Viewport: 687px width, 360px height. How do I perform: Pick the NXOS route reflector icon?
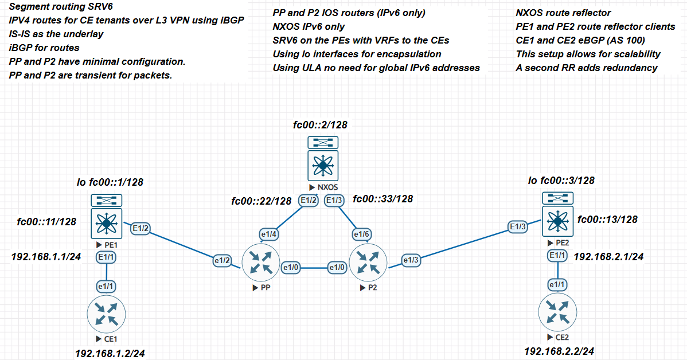[322, 166]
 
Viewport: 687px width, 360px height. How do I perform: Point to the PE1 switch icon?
[106, 221]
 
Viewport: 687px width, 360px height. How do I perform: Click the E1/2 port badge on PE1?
[141, 228]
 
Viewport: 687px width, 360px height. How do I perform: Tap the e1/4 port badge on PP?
[268, 234]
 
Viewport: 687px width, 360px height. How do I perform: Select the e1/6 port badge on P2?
[361, 234]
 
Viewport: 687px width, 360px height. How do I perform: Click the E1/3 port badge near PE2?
[518, 228]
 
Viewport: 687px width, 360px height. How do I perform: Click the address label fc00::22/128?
[261, 201]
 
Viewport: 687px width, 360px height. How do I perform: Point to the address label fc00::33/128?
[382, 199]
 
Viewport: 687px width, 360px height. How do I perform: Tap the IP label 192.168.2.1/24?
[609, 257]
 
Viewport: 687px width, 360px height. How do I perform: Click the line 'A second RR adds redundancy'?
[587, 68]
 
